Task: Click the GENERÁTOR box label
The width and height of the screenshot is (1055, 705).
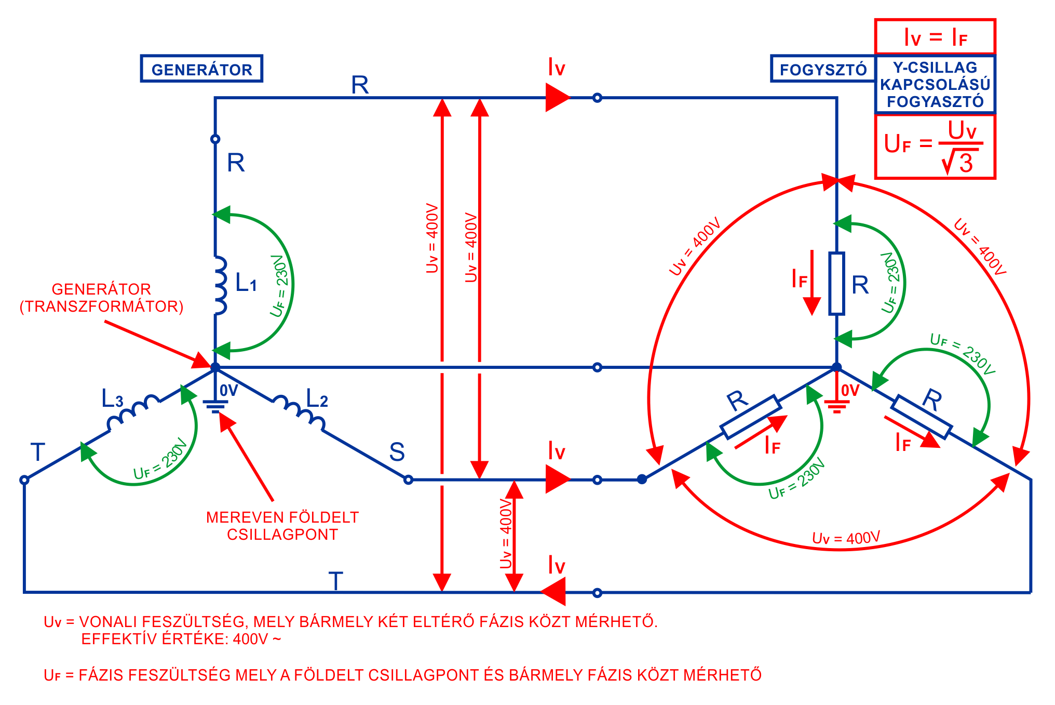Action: pyautogui.click(x=201, y=69)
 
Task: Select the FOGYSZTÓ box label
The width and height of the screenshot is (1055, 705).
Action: pyautogui.click(x=823, y=69)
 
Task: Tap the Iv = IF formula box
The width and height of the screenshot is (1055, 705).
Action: pyautogui.click(x=935, y=37)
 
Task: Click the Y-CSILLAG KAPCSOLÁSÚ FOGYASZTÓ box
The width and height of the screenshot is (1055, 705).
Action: pyautogui.click(x=935, y=84)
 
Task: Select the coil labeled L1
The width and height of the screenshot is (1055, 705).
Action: pyautogui.click(x=221, y=285)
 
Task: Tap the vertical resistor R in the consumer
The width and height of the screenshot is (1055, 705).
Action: pyautogui.click(x=836, y=284)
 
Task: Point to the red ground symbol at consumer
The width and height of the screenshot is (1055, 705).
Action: pyautogui.click(x=836, y=405)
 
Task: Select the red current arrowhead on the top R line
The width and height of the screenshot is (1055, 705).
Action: pyautogui.click(x=557, y=97)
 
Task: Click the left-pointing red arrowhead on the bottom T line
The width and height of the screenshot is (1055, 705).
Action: pyautogui.click(x=553, y=592)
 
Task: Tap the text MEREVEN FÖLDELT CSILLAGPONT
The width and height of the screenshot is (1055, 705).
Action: pyautogui.click(x=282, y=526)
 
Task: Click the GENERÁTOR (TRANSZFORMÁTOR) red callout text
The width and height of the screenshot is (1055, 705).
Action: pyautogui.click(x=101, y=298)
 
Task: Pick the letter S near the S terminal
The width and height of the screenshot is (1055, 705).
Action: pyautogui.click(x=397, y=452)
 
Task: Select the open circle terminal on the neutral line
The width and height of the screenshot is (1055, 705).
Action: pyautogui.click(x=597, y=367)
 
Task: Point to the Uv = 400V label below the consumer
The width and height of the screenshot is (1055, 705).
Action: pyautogui.click(x=846, y=538)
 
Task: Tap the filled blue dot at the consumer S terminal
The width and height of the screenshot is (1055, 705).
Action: pyautogui.click(x=642, y=479)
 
